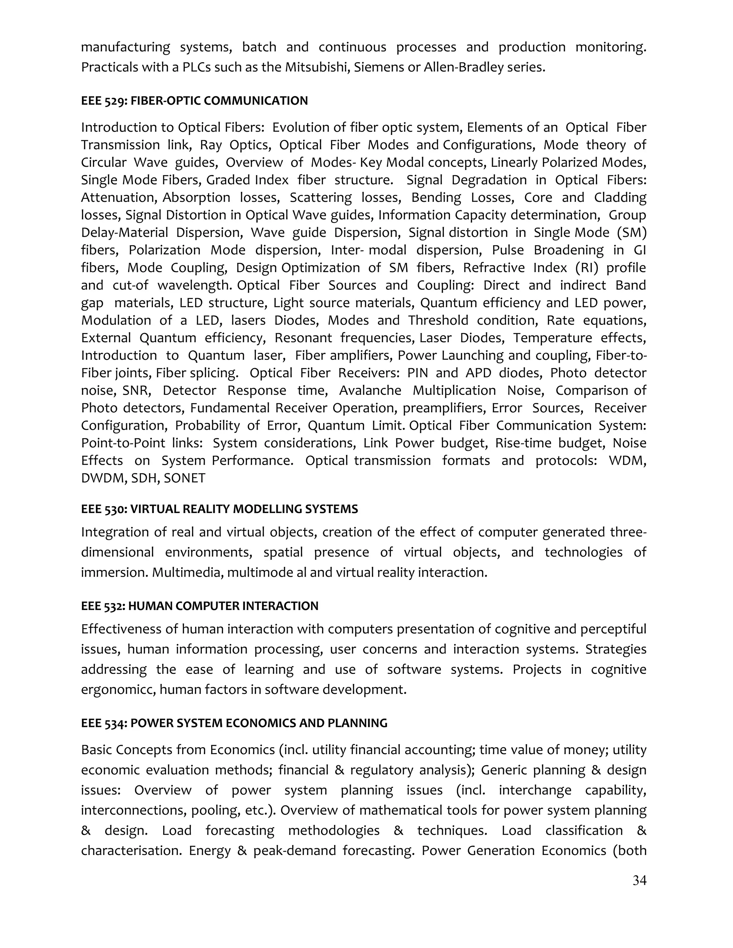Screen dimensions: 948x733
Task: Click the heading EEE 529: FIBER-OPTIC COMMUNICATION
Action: pos(194,101)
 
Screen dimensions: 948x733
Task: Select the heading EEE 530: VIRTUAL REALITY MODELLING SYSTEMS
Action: pos(219,509)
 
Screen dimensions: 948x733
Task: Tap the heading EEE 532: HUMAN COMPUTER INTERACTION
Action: pos(199,606)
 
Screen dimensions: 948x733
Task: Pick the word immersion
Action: pos(114,572)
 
